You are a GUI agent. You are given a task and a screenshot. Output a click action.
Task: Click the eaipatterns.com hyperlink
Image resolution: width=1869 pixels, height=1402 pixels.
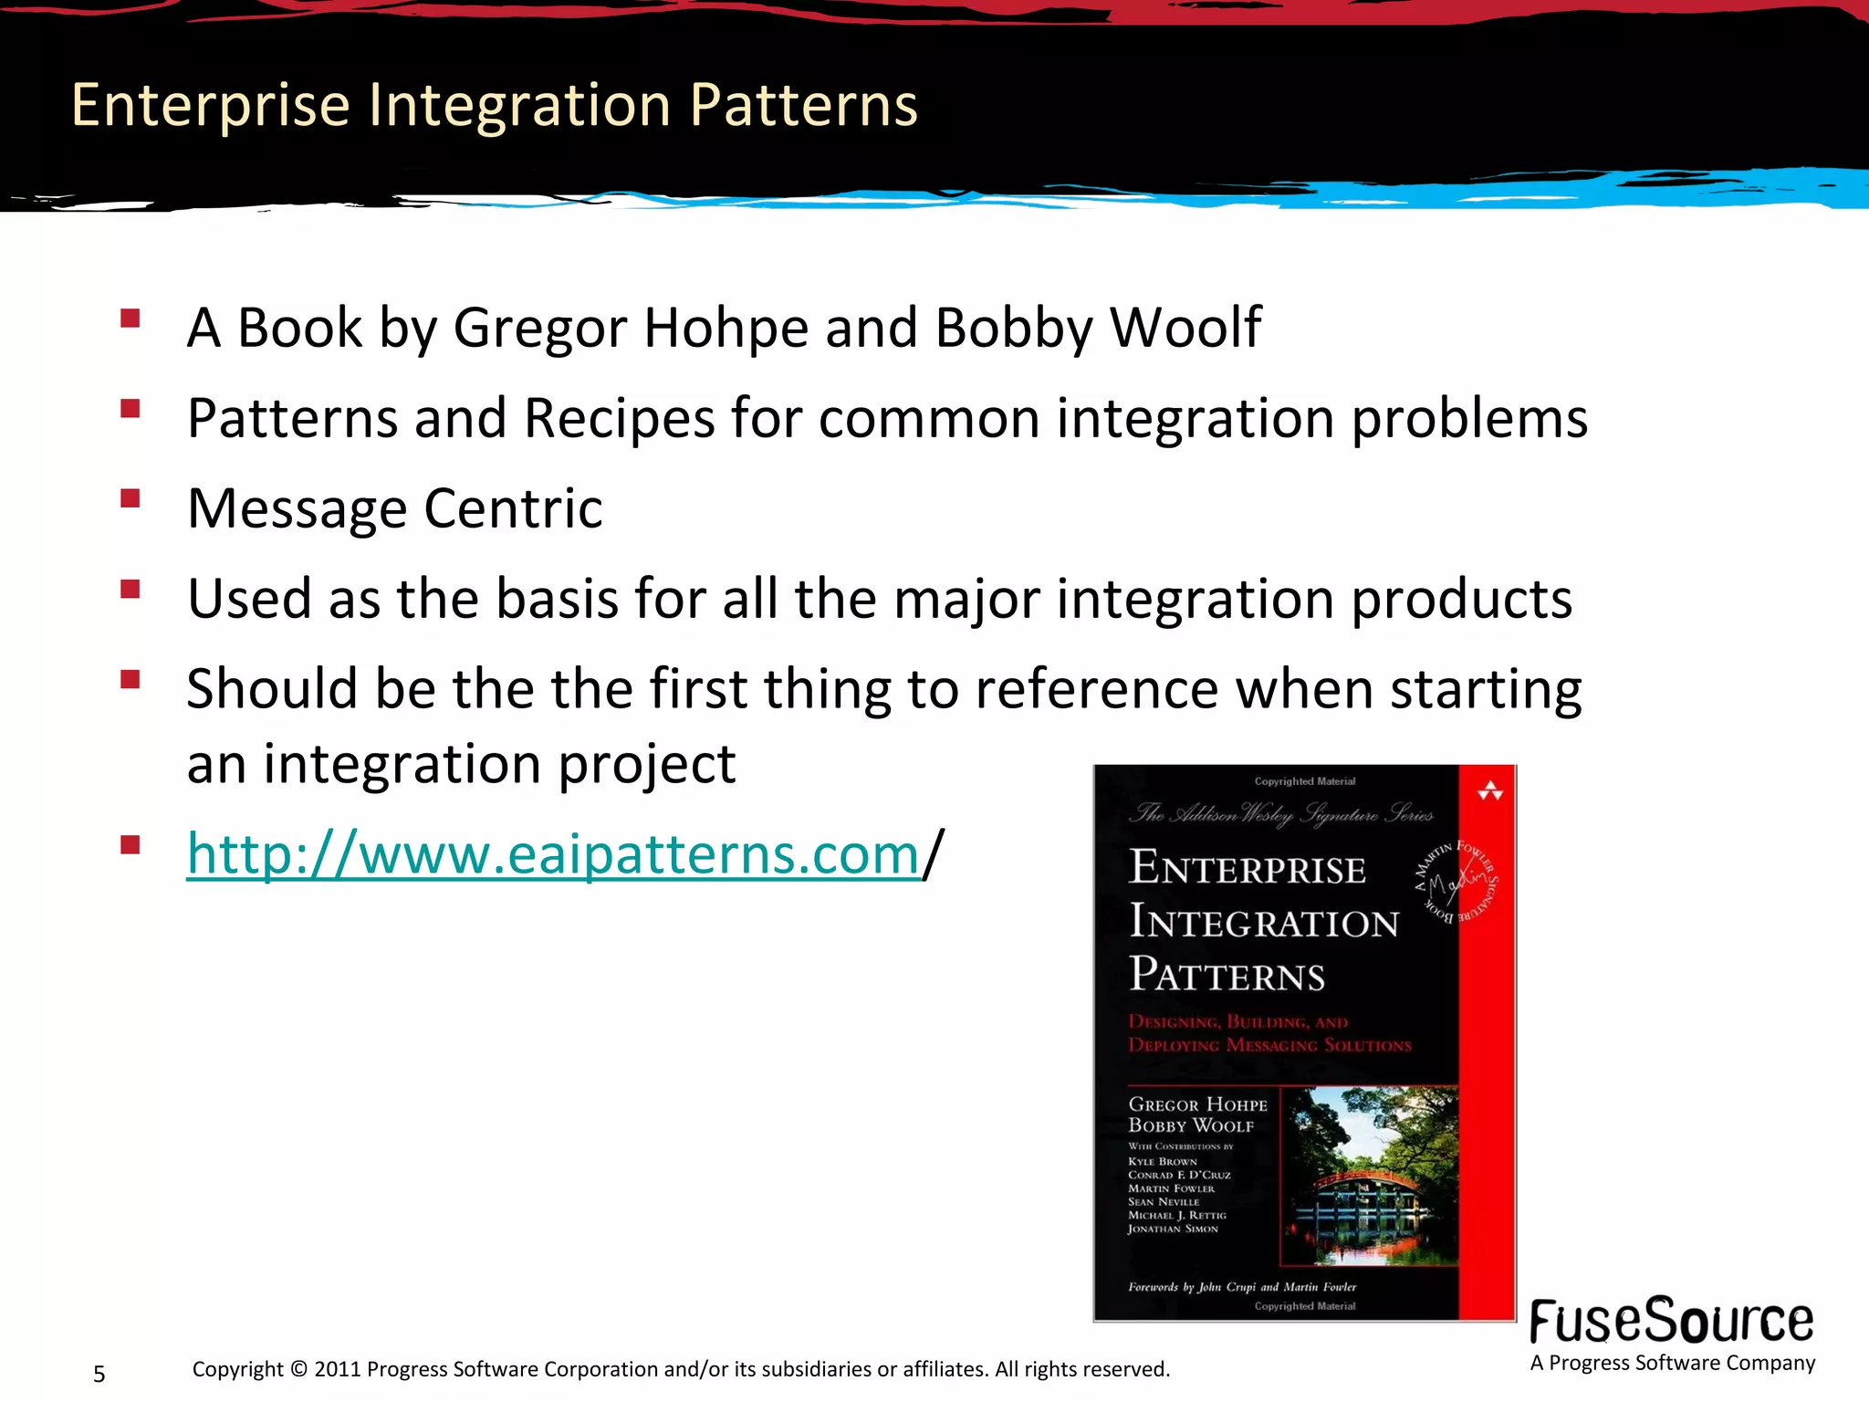[x=552, y=855]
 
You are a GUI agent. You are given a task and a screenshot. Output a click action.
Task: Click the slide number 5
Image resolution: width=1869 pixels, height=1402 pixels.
[x=99, y=1374]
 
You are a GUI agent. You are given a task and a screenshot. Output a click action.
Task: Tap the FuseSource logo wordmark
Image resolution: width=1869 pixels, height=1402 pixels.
[x=1671, y=1322]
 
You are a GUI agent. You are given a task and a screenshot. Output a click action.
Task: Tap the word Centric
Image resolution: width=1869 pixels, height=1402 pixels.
[x=513, y=508]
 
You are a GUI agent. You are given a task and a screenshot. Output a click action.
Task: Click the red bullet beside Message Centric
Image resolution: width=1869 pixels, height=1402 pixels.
[x=130, y=498]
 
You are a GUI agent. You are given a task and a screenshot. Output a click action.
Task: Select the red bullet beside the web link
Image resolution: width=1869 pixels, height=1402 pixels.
[x=130, y=844]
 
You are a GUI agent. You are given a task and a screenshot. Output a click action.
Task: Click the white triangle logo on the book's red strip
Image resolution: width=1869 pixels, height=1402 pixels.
[x=1489, y=790]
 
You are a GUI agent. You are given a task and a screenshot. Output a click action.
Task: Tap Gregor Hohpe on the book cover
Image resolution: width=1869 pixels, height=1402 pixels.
[x=1197, y=1104]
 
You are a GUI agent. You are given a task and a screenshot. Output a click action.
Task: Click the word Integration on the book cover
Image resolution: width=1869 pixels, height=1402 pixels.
[x=1264, y=922]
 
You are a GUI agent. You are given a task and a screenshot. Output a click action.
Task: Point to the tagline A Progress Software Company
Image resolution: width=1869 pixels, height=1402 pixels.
[x=1672, y=1363]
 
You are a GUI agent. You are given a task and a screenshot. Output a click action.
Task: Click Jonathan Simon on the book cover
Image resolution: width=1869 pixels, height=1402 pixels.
[x=1173, y=1229]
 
